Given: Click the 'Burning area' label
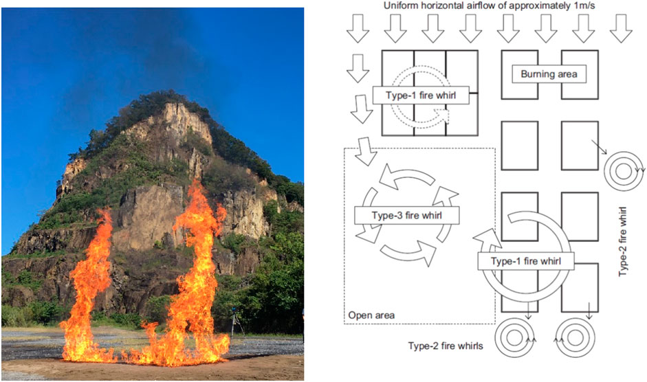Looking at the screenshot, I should pyautogui.click(x=549, y=74).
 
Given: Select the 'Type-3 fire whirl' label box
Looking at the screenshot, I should pyautogui.click(x=406, y=216).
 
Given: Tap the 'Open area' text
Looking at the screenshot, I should pyautogui.click(x=371, y=315).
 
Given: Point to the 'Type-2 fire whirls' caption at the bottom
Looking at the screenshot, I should pyautogui.click(x=446, y=346).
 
